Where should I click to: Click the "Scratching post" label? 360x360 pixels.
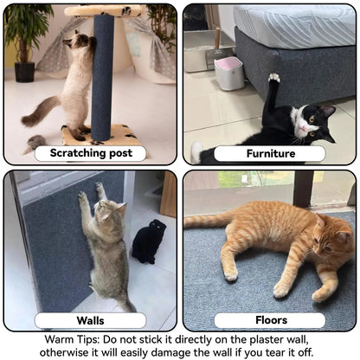(90, 153)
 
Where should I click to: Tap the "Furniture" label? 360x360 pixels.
(269, 153)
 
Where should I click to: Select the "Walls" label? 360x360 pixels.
(90, 321)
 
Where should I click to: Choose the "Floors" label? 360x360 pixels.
(269, 321)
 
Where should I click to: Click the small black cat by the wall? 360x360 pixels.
(149, 241)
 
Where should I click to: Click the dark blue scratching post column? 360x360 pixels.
(104, 78)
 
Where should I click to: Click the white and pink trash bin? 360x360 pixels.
(229, 73)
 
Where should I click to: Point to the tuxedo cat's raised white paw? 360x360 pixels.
(273, 79)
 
